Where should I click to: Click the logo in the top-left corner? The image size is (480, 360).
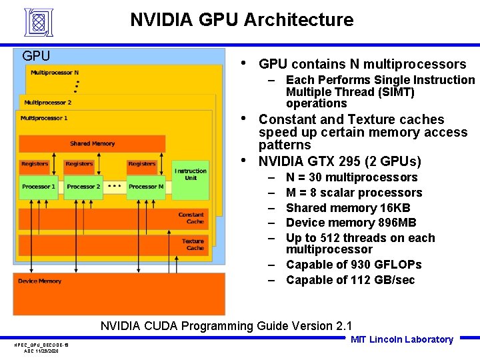(x=38, y=22)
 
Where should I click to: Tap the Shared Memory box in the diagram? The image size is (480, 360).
(x=92, y=143)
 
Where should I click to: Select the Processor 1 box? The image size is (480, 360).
(x=39, y=187)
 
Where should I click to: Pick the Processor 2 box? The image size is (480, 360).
(x=83, y=187)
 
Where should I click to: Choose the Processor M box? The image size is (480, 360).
(x=145, y=187)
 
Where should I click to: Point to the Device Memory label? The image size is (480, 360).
(x=39, y=281)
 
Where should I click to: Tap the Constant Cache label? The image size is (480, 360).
(x=191, y=218)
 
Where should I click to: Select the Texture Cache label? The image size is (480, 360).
(x=193, y=245)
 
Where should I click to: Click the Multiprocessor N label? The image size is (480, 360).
(x=55, y=73)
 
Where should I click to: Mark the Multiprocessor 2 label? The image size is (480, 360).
(x=47, y=103)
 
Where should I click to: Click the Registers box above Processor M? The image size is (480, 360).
(x=142, y=164)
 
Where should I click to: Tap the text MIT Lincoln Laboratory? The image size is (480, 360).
(x=401, y=339)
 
